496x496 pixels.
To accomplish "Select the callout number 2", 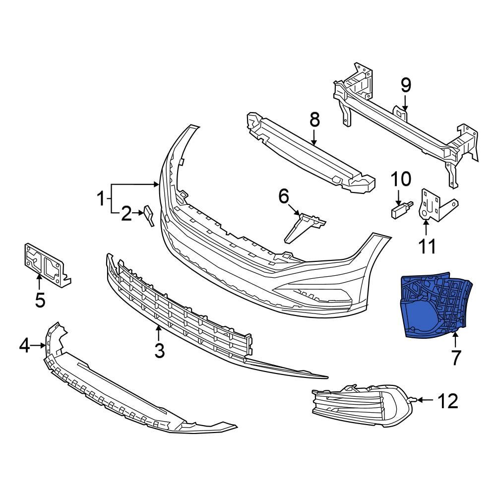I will pyautogui.click(x=126, y=214).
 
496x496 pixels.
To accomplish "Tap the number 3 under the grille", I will pyautogui.click(x=159, y=351).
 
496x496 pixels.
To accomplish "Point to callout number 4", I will pyautogui.click(x=25, y=345).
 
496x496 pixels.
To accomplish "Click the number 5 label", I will pyautogui.click(x=40, y=300).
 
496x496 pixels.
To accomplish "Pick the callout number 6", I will pyautogui.click(x=284, y=196).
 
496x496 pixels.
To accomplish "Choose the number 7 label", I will pyautogui.click(x=455, y=358).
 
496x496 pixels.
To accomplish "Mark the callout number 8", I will pyautogui.click(x=314, y=120).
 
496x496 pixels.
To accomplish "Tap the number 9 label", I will pyautogui.click(x=406, y=86).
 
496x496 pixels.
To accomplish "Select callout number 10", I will pyautogui.click(x=401, y=179).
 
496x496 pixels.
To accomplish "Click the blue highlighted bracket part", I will pyautogui.click(x=432, y=308).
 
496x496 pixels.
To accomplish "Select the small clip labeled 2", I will pyautogui.click(x=149, y=215).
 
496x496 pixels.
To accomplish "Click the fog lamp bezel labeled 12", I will pyautogui.click(x=362, y=404).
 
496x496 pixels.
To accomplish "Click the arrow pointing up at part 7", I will pyautogui.click(x=455, y=341).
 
